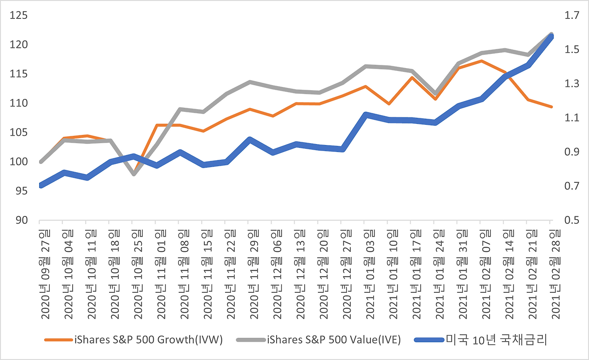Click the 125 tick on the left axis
[19, 16]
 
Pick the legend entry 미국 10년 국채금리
[495, 340]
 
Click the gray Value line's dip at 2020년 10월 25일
[134, 174]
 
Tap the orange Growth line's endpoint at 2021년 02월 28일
[551, 107]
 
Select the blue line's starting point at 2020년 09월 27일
[41, 186]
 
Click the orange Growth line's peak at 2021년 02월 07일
[481, 61]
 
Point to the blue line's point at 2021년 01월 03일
[365, 115]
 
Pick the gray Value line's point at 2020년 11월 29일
[249, 82]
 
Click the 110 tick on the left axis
[19, 103]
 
